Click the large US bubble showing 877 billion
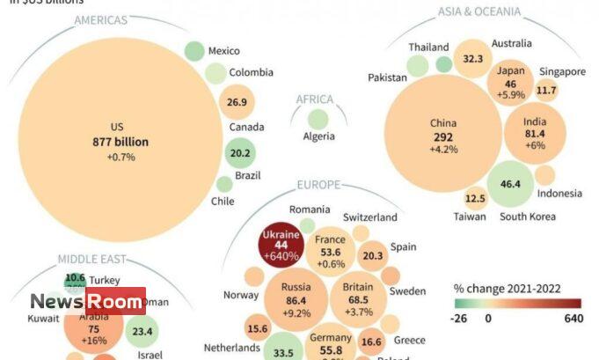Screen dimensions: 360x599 click(x=121, y=141)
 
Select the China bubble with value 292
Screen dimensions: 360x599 click(x=443, y=136)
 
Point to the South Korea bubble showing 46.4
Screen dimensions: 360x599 click(x=511, y=184)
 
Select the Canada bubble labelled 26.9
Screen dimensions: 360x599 click(x=237, y=102)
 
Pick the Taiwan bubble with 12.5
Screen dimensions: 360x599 click(x=475, y=199)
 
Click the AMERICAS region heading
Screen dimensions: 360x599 click(x=101, y=20)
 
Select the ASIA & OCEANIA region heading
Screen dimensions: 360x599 click(x=479, y=11)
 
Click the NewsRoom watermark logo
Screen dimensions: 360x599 click(x=87, y=301)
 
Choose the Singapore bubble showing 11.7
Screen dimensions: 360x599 click(x=546, y=90)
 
